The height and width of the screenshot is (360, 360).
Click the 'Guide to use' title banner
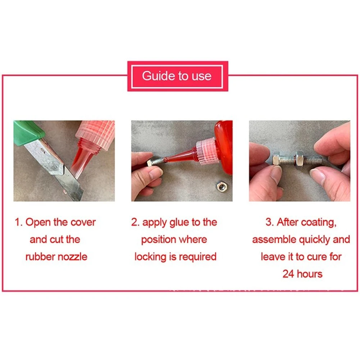(x=177, y=76)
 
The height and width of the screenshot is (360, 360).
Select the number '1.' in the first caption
(x=19, y=222)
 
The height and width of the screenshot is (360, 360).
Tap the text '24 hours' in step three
(x=302, y=274)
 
